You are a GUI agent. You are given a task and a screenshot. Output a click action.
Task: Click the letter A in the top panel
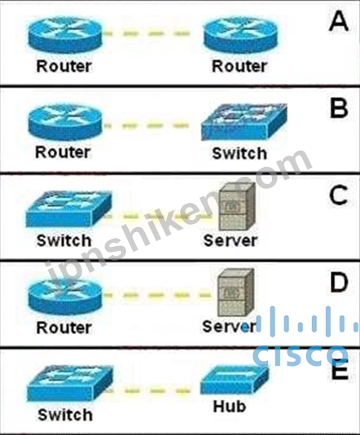339,22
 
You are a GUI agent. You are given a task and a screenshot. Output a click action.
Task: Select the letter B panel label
339,108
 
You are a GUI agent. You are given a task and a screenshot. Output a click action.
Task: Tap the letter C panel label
338,195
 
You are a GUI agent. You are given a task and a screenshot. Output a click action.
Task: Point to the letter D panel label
339,282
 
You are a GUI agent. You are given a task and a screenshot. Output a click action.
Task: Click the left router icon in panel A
65,34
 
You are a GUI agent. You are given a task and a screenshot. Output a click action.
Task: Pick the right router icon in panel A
240,34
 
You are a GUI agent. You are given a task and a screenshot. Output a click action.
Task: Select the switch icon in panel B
244,121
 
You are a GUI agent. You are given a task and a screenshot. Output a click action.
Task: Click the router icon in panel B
65,122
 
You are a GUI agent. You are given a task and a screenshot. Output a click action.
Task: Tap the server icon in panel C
237,207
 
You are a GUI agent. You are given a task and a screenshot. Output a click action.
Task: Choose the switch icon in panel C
68,209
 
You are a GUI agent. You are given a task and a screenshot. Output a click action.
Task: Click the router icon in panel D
65,297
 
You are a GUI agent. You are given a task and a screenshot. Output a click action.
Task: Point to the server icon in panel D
236,292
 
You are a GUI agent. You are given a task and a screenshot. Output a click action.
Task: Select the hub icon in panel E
235,380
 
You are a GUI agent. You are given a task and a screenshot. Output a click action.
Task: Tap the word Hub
230,406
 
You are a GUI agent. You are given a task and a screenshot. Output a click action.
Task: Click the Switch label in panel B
239,153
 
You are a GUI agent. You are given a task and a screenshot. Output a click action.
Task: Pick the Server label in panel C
230,240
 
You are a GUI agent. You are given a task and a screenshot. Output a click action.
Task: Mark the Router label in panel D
64,327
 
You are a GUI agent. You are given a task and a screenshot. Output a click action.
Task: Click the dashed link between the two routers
147,34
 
